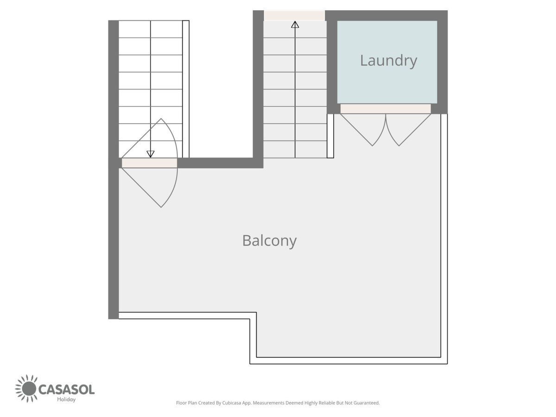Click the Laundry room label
[x=388, y=61]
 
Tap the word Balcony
[x=269, y=241]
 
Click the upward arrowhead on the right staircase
[x=295, y=25]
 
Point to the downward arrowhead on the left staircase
[x=151, y=154]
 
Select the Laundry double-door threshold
[x=385, y=109]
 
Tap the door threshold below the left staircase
[x=150, y=163]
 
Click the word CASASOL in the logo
[x=67, y=390]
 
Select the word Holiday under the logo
[x=66, y=399]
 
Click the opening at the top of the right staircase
[x=294, y=15]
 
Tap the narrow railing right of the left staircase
[x=186, y=89]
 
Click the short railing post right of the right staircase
[x=330, y=136]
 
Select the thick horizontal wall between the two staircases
[x=220, y=163]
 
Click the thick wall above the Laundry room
[x=386, y=15]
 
